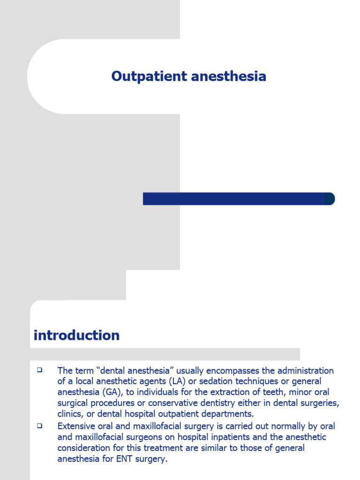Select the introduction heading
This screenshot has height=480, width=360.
coord(76,336)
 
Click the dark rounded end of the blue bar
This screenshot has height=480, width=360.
coord(330,199)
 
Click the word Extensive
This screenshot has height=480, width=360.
coord(77,426)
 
